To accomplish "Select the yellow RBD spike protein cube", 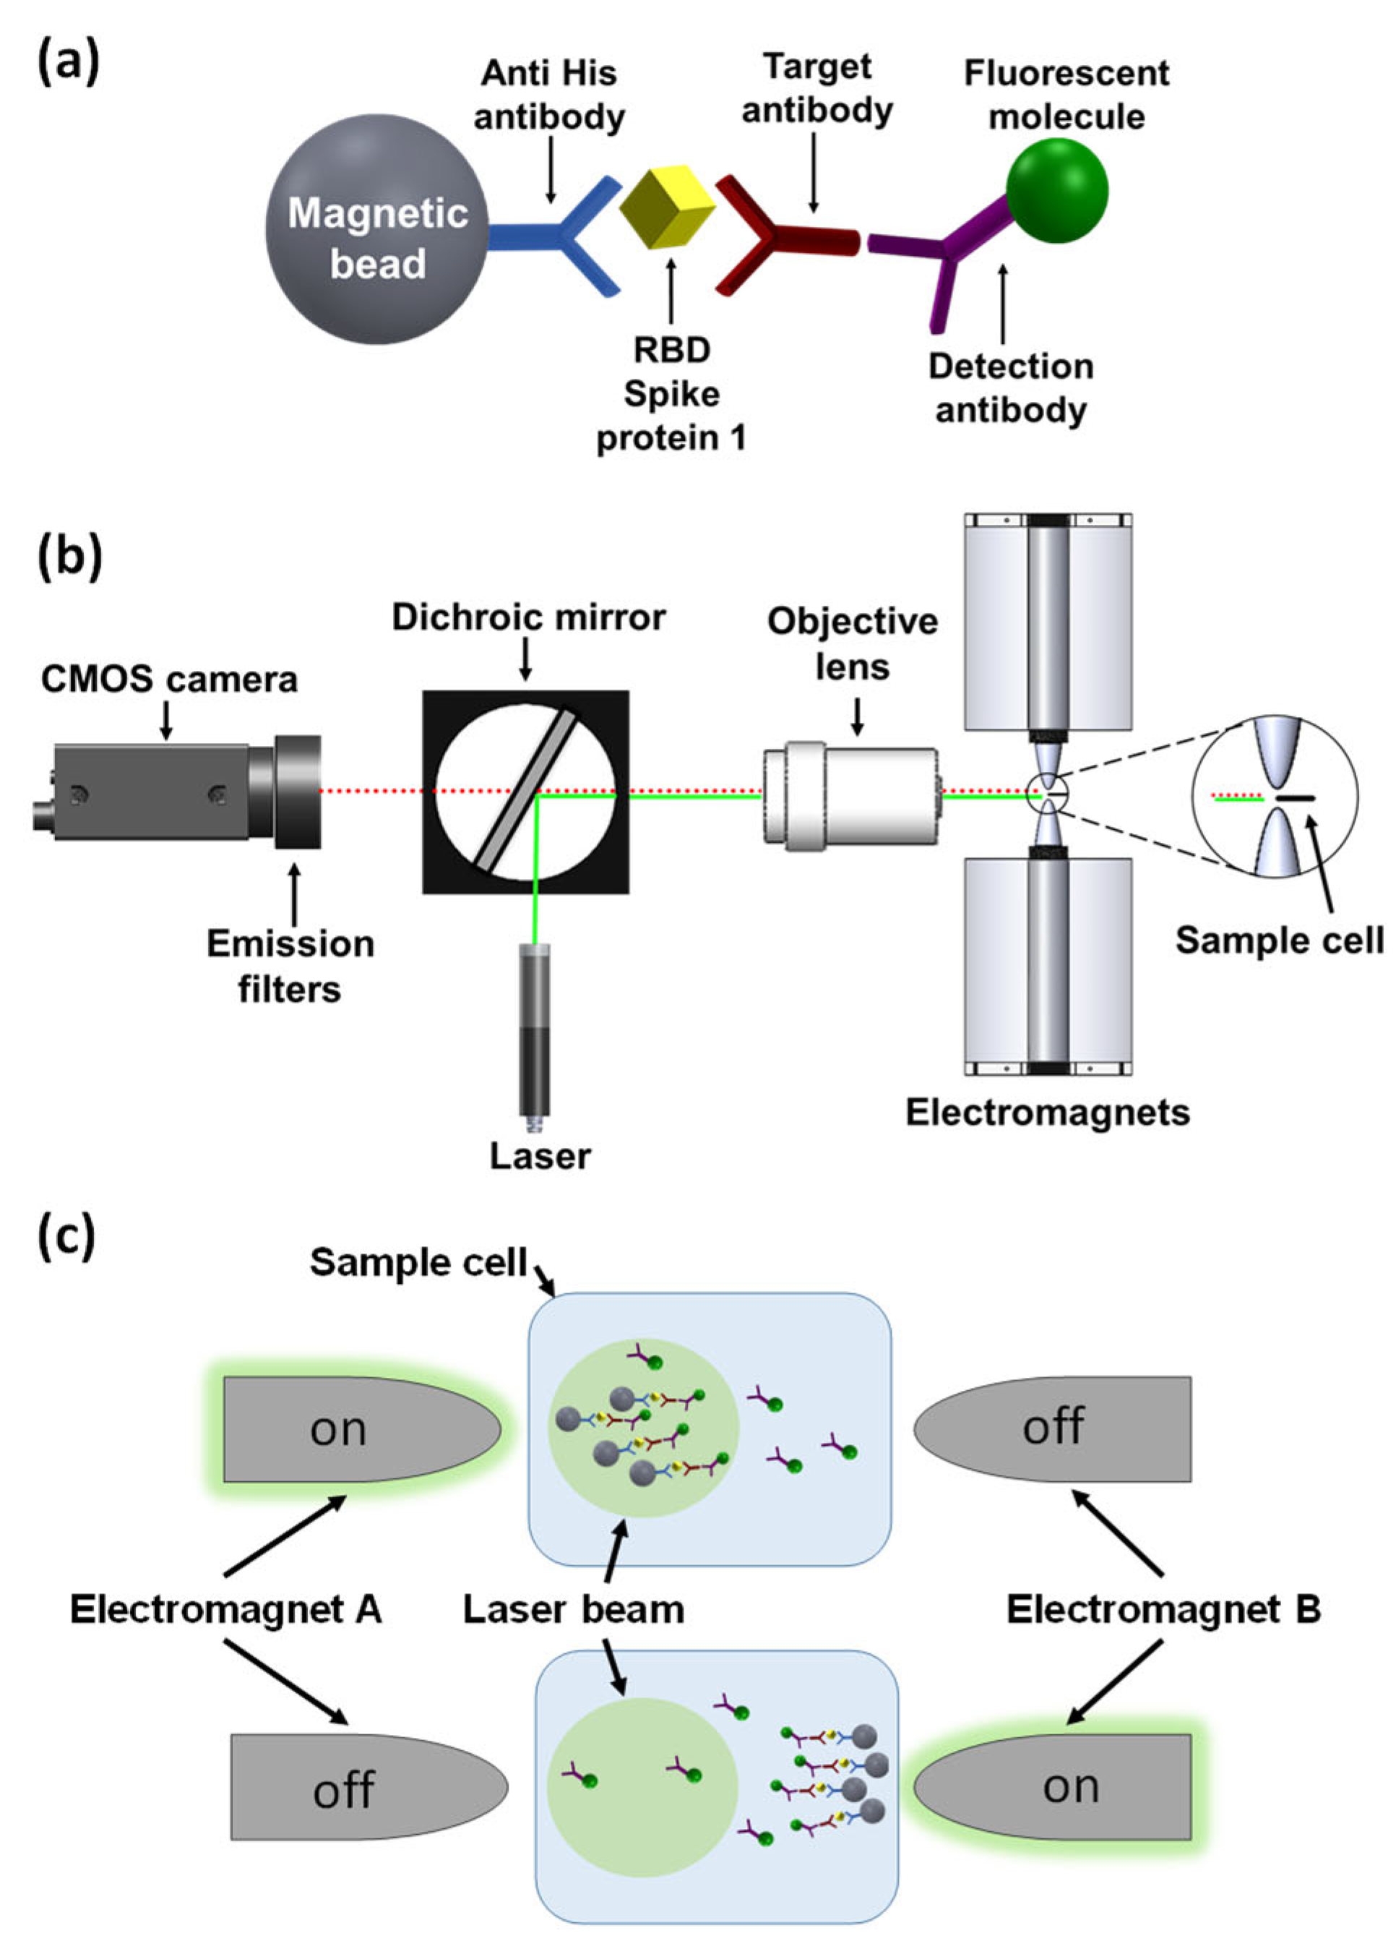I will pos(665,207).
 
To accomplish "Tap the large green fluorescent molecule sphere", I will pos(1056,190).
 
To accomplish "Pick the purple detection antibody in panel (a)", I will pos(949,252).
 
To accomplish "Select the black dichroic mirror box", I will pos(525,792).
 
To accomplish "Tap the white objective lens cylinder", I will pos(851,796).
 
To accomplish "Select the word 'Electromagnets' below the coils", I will pos(1047,1113).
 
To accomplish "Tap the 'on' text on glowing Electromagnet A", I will pos(338,1430).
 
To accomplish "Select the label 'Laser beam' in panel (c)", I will pos(573,1610).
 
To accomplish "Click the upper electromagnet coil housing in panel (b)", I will pos(1048,623).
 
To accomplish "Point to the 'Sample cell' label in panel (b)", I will pos(1279,940).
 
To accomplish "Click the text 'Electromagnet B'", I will pos(1163,1610).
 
